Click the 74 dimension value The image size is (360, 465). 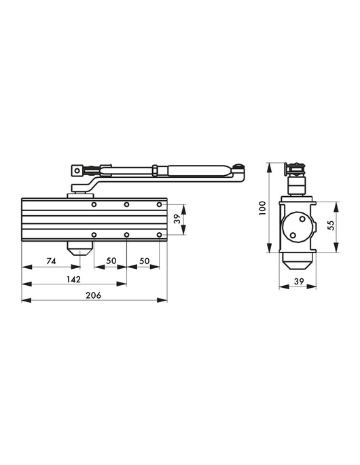pos(51,261)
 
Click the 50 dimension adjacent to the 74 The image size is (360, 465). pos(110,261)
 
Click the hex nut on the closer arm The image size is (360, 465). pos(156,170)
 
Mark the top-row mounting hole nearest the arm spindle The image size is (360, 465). pos(94,204)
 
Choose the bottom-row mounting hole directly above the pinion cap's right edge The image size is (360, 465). pos(94,235)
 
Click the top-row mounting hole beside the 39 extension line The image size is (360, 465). pos(160,204)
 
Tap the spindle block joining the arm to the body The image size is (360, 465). pos(72,196)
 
